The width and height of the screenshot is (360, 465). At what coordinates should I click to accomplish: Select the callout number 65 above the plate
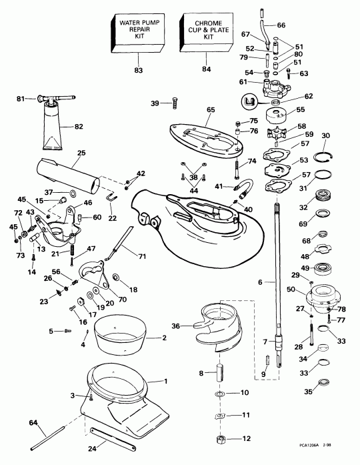click(211, 109)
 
